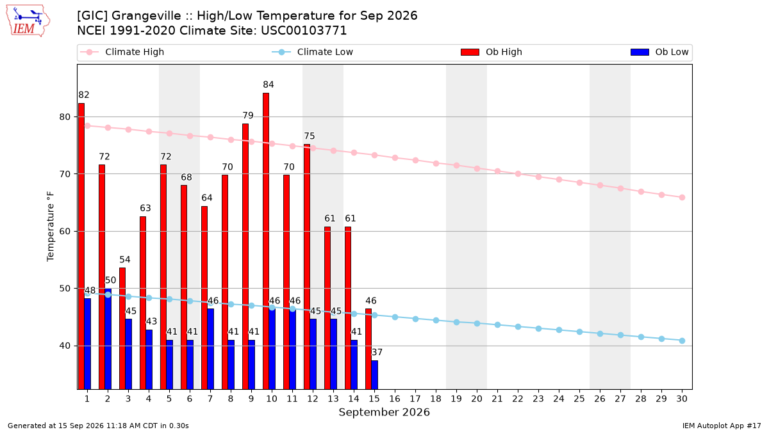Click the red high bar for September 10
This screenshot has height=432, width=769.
click(x=266, y=241)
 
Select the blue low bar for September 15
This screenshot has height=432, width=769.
click(x=374, y=375)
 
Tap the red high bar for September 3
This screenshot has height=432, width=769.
click(x=122, y=328)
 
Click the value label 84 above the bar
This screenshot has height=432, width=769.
click(x=269, y=84)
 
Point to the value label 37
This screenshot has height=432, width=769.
click(x=377, y=352)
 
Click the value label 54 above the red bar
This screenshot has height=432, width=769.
click(x=125, y=260)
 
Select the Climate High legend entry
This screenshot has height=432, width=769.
click(x=122, y=52)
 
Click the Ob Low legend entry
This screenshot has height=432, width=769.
click(x=659, y=52)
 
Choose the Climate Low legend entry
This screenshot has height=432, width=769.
click(x=313, y=52)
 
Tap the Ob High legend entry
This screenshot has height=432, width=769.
click(x=492, y=52)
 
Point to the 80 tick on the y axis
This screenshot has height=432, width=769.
click(x=65, y=117)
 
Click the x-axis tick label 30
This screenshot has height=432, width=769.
click(x=682, y=399)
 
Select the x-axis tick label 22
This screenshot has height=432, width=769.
click(x=518, y=399)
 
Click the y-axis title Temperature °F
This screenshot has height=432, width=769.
click(x=51, y=227)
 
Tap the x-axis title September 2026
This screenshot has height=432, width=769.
click(x=384, y=412)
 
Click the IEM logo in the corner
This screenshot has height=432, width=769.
click(x=28, y=21)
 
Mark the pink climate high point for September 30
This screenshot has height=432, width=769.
click(x=682, y=198)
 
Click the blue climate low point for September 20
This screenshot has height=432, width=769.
click(x=477, y=323)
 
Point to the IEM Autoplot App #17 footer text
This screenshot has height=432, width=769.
click(x=722, y=426)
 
